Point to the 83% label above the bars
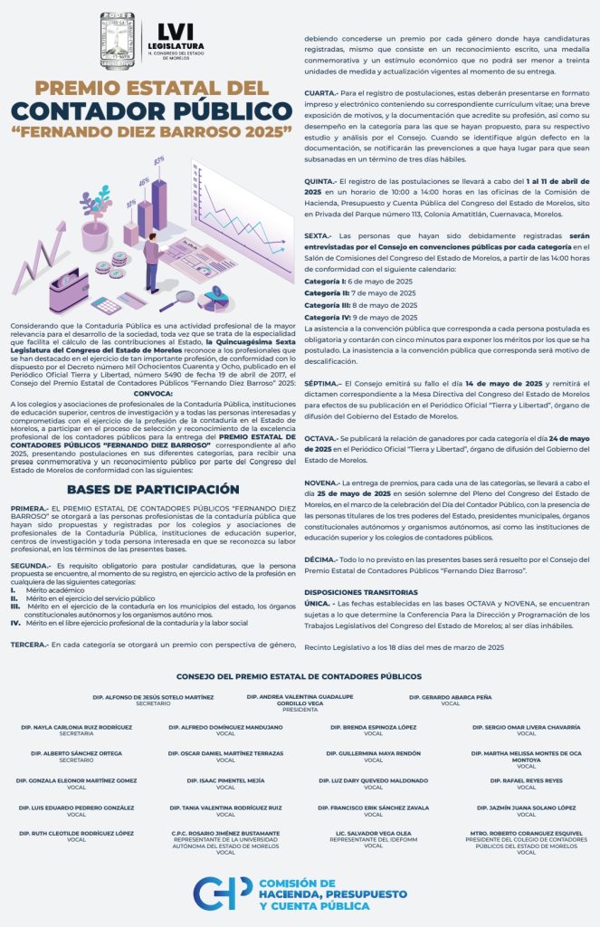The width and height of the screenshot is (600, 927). [159, 159]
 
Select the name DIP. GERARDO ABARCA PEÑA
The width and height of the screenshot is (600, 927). [450, 698]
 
